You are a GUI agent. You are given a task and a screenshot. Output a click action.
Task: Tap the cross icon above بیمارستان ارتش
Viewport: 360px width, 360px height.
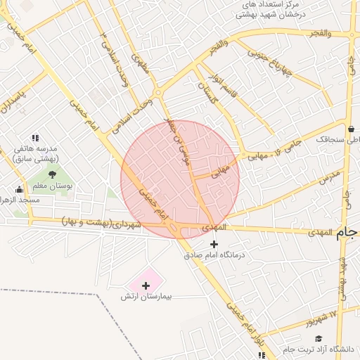coord(146,285)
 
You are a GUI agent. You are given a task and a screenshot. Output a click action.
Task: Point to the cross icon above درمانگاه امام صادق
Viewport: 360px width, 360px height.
coord(214,244)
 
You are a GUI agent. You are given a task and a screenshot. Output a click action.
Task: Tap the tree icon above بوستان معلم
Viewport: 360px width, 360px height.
coord(51,174)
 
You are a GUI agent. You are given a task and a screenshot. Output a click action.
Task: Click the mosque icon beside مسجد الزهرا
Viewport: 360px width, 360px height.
coord(19,189)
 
